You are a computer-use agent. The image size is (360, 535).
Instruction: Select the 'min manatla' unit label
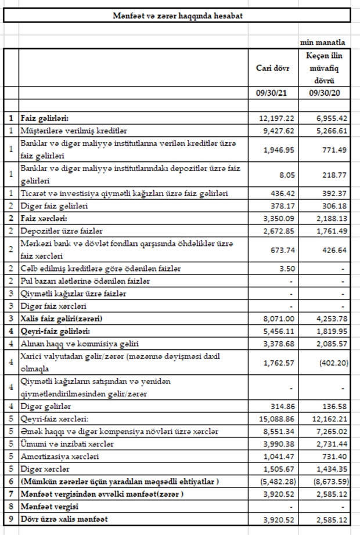(x=323, y=42)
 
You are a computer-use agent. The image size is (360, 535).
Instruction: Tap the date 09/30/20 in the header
(x=323, y=93)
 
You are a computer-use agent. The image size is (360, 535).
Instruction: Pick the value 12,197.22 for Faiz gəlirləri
(x=276, y=118)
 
